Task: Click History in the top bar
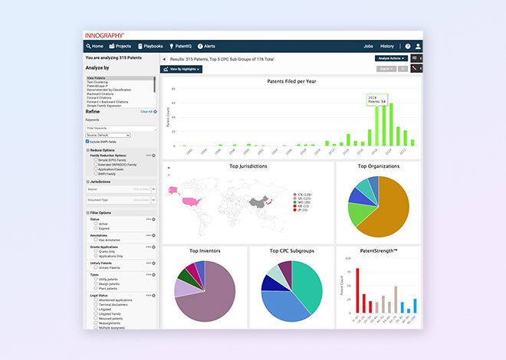(x=387, y=46)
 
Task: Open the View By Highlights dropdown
(x=182, y=69)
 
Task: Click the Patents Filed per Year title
(x=291, y=80)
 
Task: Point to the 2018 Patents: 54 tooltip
(x=376, y=99)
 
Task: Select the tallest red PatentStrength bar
(x=358, y=292)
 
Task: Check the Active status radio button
(x=95, y=224)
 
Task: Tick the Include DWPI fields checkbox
(x=87, y=141)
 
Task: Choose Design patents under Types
(x=95, y=284)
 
